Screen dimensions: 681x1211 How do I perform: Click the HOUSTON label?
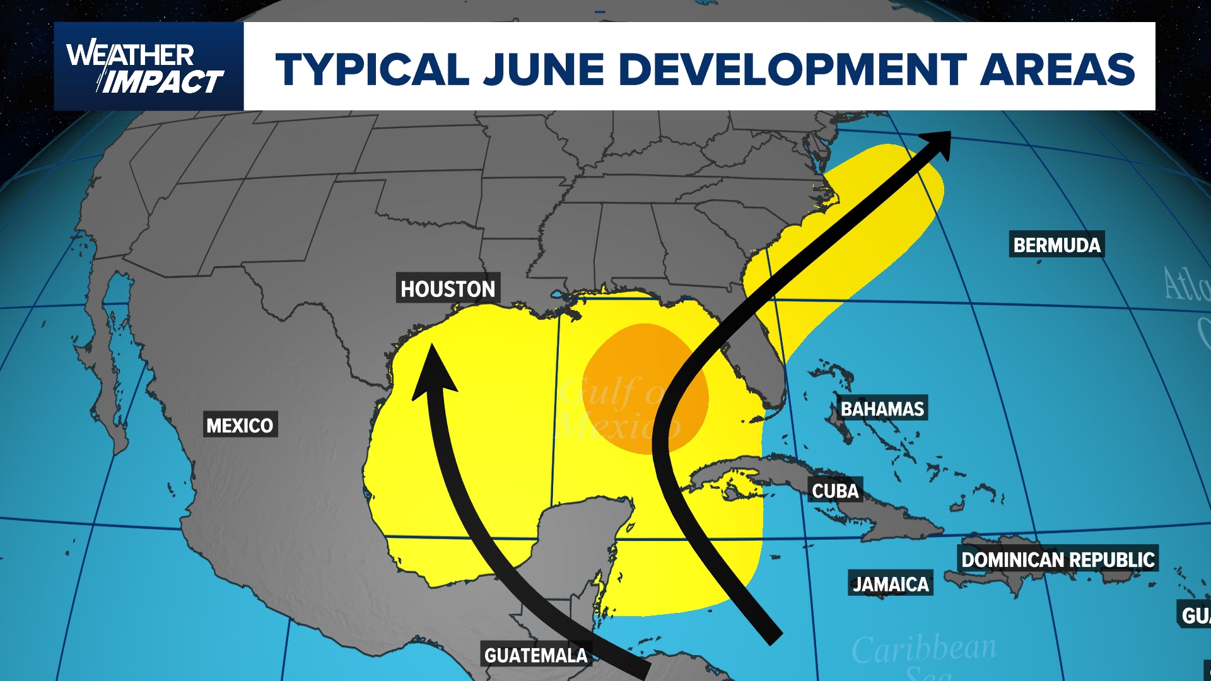tap(448, 289)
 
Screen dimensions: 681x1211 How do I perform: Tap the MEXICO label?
tap(240, 426)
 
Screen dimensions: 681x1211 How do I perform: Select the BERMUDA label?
tap(1057, 245)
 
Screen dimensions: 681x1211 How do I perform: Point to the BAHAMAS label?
tap(882, 409)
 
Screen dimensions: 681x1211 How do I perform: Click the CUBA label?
tap(835, 491)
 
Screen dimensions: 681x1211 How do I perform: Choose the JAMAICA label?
tap(891, 584)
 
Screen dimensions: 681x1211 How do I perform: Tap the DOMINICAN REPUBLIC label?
tap(1058, 559)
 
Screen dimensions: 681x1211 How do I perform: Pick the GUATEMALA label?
tap(535, 655)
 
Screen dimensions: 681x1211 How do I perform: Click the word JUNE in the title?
tap(544, 69)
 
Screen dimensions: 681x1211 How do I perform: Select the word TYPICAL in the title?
tap(372, 69)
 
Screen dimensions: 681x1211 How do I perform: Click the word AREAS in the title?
tap(1057, 69)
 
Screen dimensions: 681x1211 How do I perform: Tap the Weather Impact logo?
tap(146, 67)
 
